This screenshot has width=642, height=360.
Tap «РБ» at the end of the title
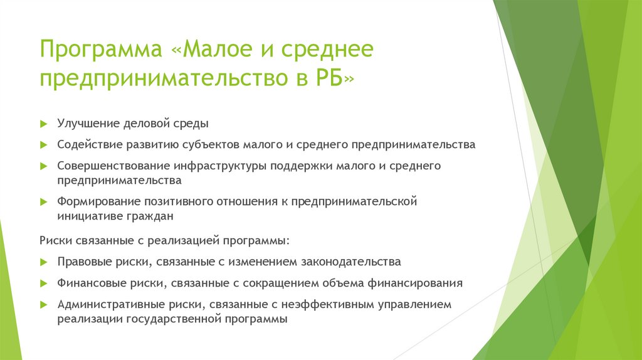tap(329, 78)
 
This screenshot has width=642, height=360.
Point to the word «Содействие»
tap(90, 145)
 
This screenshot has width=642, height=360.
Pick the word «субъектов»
tap(211, 145)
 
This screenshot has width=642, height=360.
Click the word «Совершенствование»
tap(113, 166)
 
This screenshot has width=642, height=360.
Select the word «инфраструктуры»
tap(220, 166)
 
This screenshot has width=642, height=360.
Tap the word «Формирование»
tap(97, 201)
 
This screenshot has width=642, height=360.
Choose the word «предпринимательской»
tap(354, 201)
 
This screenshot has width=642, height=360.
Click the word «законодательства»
tap(351, 262)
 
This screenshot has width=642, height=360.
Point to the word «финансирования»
tap(415, 283)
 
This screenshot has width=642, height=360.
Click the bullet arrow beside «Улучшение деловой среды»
tap(44, 124)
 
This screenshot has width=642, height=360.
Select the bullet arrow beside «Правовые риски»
tap(44, 262)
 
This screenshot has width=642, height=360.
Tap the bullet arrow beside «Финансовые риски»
tap(44, 283)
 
